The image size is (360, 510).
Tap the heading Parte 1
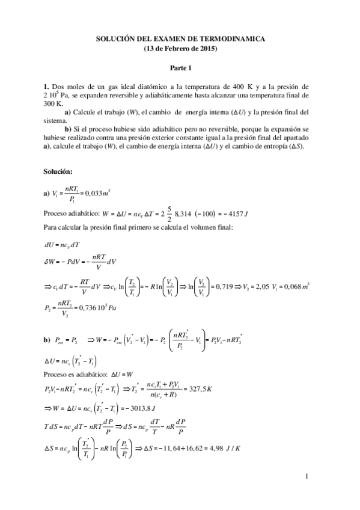[x=180, y=69]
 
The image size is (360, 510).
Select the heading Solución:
[x=58, y=172]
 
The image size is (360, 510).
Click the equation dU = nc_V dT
[x=63, y=245]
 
